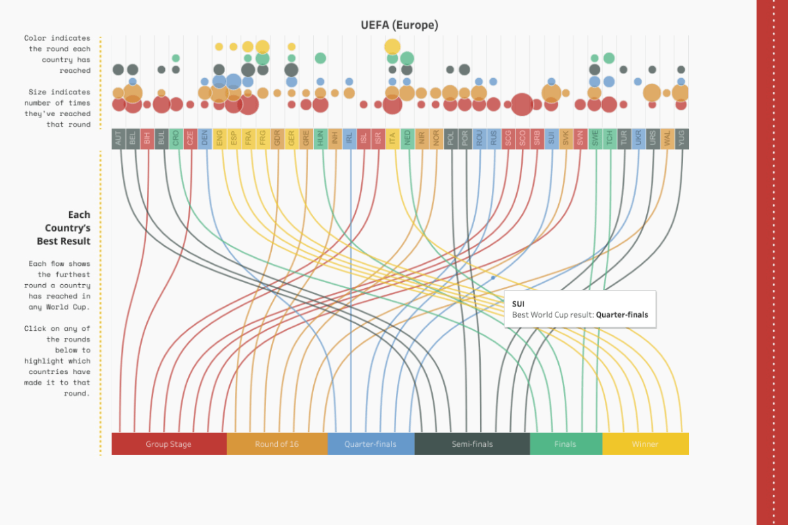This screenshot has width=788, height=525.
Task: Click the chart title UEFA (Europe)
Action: point(399,25)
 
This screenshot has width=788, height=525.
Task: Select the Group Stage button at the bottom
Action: point(169,444)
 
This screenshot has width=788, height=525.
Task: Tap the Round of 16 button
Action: point(276,444)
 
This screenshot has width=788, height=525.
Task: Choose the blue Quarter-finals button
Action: point(370,444)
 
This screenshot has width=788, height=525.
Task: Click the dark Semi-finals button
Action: point(471,444)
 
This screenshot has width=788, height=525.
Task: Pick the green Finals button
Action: point(565,444)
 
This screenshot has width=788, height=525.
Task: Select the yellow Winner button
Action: point(645,444)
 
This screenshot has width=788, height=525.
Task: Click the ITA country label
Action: point(393,138)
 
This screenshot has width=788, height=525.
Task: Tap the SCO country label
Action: point(522,138)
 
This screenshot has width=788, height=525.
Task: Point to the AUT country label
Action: point(118,138)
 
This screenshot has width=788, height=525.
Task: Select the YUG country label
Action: point(681,138)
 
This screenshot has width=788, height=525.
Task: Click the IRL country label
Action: point(349,138)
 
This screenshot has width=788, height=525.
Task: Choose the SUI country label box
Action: point(551,138)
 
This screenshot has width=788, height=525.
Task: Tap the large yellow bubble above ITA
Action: point(393,46)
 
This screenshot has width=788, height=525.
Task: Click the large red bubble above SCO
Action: point(522,104)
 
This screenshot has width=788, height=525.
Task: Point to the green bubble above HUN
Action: point(320,58)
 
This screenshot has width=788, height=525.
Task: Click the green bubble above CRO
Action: point(176,58)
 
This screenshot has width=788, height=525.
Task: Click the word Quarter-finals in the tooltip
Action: point(622,315)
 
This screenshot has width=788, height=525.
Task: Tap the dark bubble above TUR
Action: point(623,70)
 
